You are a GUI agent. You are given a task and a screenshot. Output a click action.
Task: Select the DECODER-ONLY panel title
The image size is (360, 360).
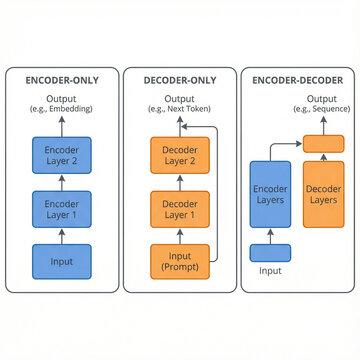coord(180,80)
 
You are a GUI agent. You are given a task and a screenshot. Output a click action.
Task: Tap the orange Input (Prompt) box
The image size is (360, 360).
coord(180,261)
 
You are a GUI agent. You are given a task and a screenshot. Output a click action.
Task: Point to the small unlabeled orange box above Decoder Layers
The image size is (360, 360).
coord(322,144)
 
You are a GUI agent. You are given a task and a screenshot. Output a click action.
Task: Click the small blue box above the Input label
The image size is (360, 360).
coord(270,253)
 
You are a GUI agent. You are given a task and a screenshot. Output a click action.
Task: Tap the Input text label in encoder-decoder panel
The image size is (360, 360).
coord(270,271)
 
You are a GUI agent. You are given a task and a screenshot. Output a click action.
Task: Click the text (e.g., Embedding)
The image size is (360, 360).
coord(61,107)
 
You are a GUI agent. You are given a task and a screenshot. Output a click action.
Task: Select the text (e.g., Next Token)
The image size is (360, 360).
coord(180,107)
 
